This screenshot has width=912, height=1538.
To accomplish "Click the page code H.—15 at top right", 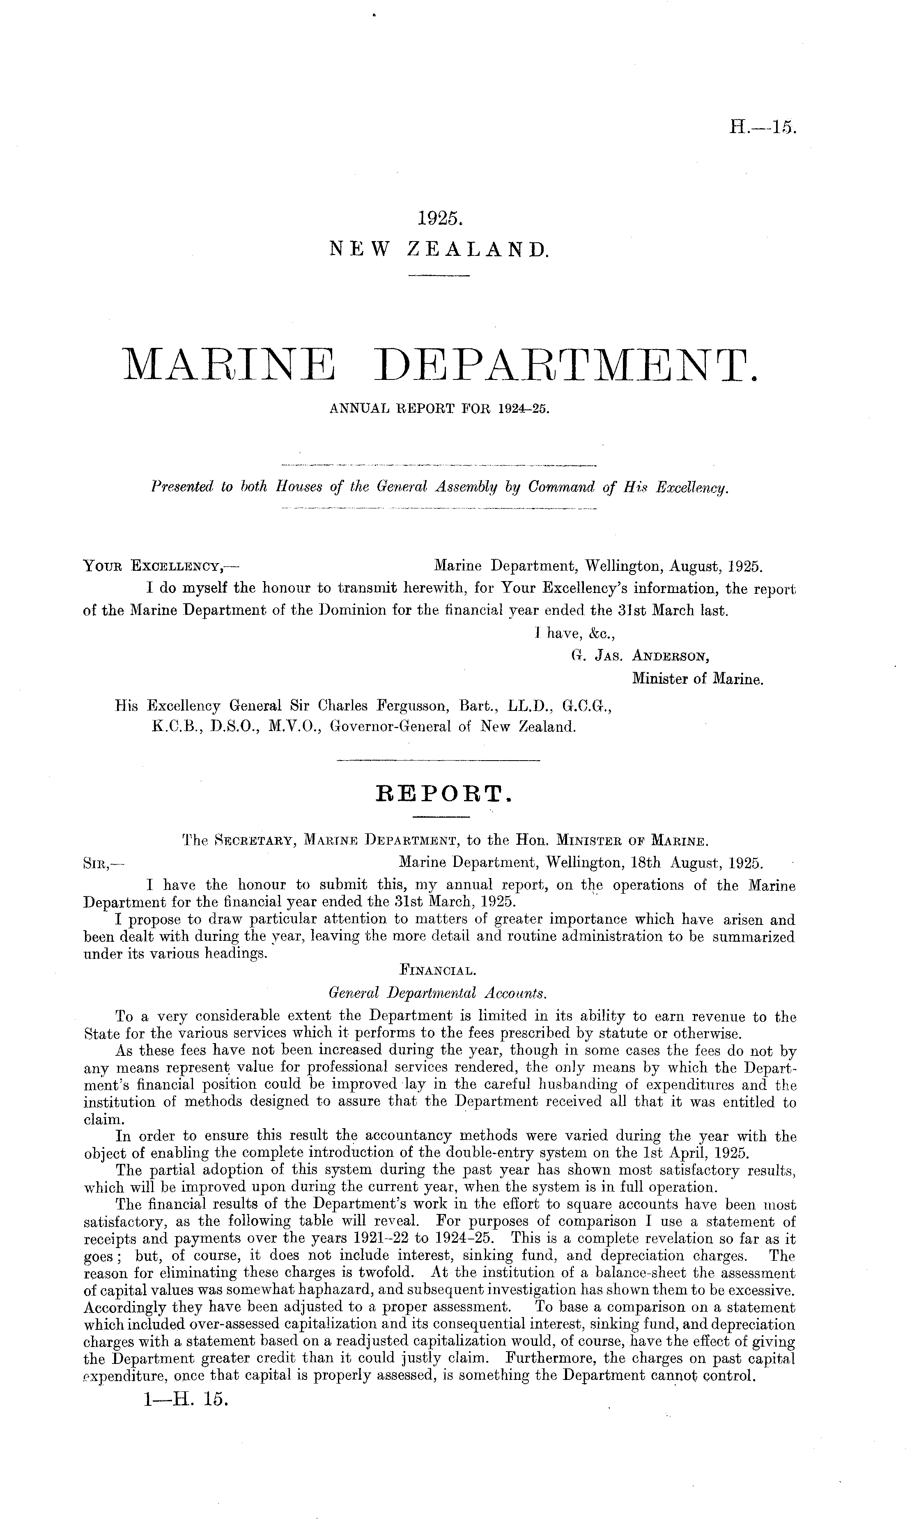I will coord(763,129).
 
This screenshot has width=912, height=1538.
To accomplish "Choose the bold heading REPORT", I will coord(443,794).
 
